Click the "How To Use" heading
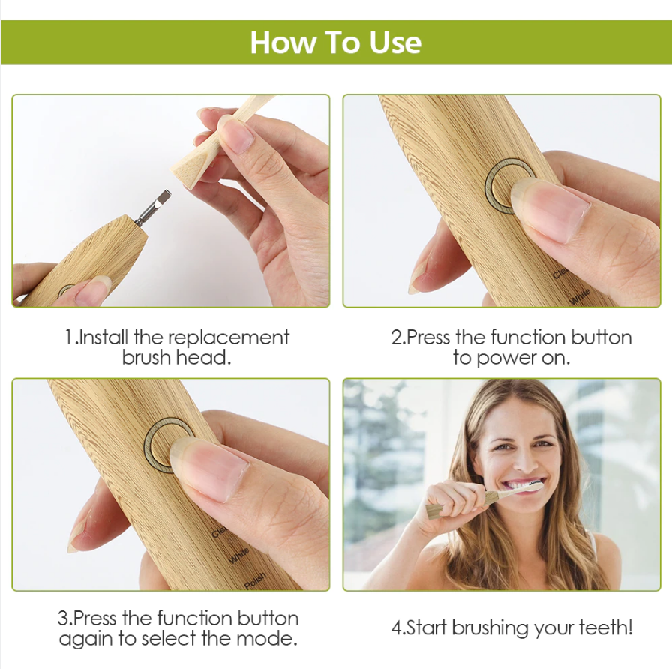[x=335, y=43]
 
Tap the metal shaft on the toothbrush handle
[x=152, y=207]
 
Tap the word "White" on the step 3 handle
[x=238, y=556]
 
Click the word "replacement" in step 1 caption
[x=229, y=337]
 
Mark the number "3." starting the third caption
[x=64, y=619]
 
